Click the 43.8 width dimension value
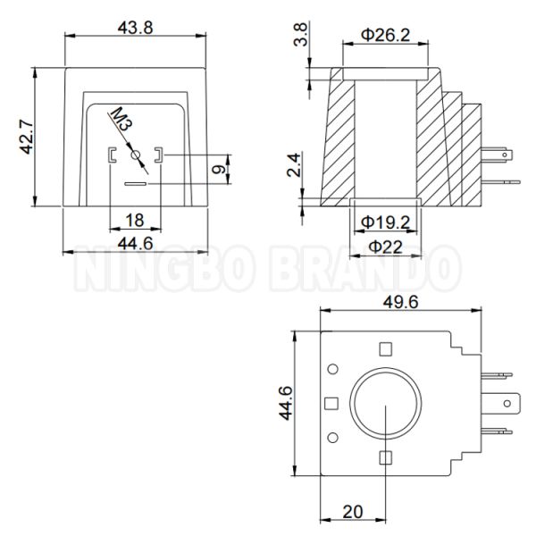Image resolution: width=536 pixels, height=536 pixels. point(136,27)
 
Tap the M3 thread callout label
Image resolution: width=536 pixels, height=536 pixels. point(121,120)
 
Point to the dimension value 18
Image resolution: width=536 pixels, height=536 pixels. point(135,221)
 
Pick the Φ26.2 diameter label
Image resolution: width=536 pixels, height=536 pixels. point(386,35)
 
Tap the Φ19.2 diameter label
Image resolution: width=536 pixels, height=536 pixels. point(385,221)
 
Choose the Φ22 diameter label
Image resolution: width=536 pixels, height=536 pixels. point(385,245)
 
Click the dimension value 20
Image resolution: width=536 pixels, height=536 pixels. point(353,513)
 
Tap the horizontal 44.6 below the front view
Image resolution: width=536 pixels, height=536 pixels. point(136,244)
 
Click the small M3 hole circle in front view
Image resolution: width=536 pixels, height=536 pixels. point(136,156)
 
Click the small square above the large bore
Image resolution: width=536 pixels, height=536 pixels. point(385,349)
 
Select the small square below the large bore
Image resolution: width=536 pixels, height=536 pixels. point(385,457)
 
